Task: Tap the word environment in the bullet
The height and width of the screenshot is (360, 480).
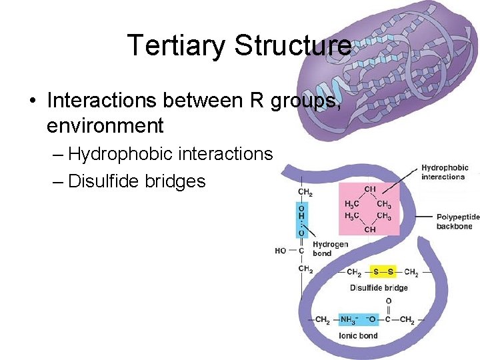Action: click(105, 125)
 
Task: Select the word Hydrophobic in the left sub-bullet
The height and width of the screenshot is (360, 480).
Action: click(121, 154)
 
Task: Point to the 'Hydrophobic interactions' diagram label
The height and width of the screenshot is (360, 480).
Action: click(444, 172)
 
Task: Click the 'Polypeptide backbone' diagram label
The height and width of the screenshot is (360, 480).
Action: click(457, 221)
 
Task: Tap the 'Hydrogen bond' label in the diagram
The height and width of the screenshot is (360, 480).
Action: click(330, 249)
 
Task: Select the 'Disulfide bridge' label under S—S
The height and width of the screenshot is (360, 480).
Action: click(379, 288)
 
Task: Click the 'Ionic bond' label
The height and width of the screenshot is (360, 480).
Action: click(359, 336)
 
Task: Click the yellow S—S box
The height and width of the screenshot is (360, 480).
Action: click(383, 272)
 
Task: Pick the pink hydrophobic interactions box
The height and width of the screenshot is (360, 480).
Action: click(369, 209)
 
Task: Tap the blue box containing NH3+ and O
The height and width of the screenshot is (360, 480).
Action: click(359, 321)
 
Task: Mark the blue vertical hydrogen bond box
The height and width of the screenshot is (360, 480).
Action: click(302, 219)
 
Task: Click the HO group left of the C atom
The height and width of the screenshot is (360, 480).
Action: click(281, 251)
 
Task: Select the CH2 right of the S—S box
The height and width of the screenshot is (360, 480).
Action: click(411, 273)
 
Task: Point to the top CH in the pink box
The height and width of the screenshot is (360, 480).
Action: click(369, 190)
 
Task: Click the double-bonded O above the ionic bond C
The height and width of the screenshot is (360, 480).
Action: click(388, 301)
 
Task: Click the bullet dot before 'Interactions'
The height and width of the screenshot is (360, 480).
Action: click(32, 101)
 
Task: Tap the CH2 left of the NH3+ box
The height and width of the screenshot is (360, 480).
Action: click(322, 321)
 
